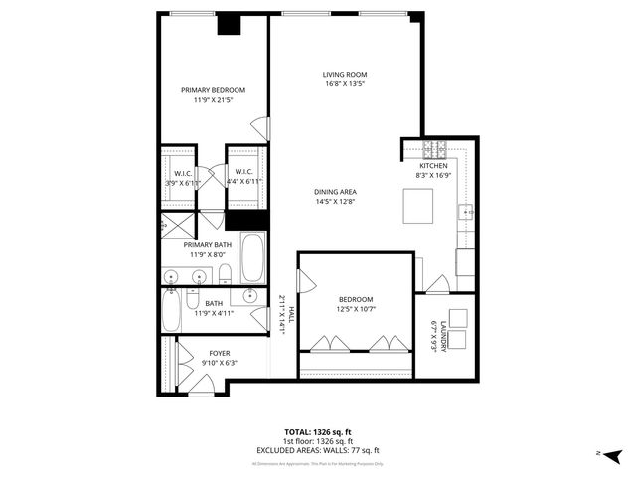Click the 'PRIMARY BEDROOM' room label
click(213, 90)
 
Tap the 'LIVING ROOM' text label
click(345, 74)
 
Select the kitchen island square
click(418, 206)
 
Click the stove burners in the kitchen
click(435, 150)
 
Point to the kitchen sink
click(465, 212)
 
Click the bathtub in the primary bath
click(251, 257)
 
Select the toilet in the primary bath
click(225, 273)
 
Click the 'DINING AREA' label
click(336, 191)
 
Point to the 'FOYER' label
click(219, 353)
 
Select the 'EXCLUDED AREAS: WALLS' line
click(317, 450)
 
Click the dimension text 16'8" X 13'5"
click(345, 84)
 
